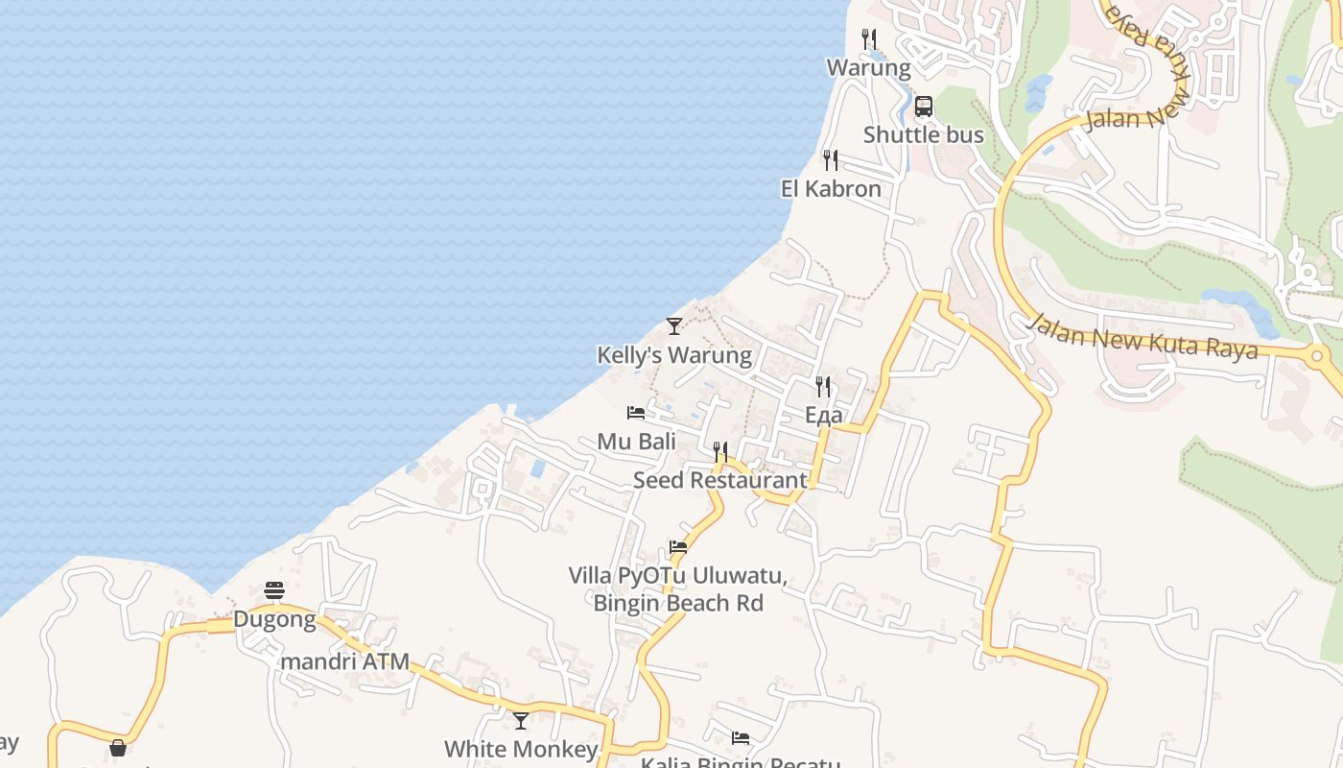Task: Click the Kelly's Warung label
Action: click(674, 355)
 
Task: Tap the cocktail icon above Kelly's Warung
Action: click(674, 326)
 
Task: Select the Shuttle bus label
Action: click(924, 134)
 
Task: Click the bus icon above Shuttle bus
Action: click(924, 106)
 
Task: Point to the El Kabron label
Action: click(831, 189)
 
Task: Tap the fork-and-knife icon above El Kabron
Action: click(831, 159)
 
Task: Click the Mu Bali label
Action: click(636, 442)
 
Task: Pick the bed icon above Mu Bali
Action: click(636, 413)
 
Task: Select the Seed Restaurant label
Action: click(720, 480)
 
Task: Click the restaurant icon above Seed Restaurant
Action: click(720, 451)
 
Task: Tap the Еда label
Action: click(823, 415)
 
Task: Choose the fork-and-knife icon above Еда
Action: click(823, 387)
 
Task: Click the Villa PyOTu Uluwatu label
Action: click(678, 576)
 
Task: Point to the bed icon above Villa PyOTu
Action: click(678, 547)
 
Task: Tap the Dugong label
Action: click(274, 619)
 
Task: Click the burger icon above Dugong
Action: click(274, 590)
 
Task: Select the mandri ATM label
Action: click(345, 661)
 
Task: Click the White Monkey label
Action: click(521, 749)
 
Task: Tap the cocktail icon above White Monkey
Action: click(521, 720)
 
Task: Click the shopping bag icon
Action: click(118, 747)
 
